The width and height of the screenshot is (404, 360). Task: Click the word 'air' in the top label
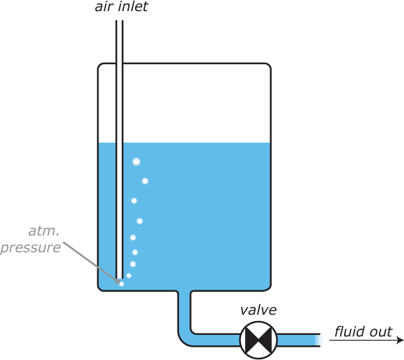pyautogui.click(x=104, y=7)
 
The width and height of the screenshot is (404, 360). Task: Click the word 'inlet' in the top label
pyautogui.click(x=134, y=6)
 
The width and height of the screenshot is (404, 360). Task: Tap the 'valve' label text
pyautogui.click(x=258, y=310)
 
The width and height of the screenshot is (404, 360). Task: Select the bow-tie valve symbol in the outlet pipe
pyautogui.click(x=258, y=340)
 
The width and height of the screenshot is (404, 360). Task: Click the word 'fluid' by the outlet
pyautogui.click(x=350, y=331)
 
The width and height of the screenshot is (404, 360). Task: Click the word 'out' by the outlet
pyautogui.click(x=381, y=332)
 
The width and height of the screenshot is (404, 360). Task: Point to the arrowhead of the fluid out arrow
pyautogui.click(x=401, y=341)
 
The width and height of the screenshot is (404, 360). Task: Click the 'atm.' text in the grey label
pyautogui.click(x=44, y=231)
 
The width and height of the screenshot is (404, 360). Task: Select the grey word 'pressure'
pyautogui.click(x=31, y=247)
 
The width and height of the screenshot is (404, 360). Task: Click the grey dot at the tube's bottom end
pyautogui.click(x=118, y=281)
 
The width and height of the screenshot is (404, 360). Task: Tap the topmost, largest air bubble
pyautogui.click(x=137, y=162)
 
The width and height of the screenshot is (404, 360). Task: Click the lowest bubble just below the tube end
pyautogui.click(x=122, y=284)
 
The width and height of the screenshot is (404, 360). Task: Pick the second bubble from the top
pyautogui.click(x=145, y=181)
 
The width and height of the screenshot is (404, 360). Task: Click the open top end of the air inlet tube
pyautogui.click(x=119, y=21)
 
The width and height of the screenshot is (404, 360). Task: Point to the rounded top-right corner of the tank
pyautogui.click(x=268, y=65)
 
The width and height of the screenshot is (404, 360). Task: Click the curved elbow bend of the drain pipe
pyautogui.click(x=183, y=341)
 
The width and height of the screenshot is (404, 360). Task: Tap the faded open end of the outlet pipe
pyautogui.click(x=318, y=341)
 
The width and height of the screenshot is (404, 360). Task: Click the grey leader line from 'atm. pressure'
pyautogui.click(x=91, y=262)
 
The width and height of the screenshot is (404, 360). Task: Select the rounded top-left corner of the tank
pyautogui.click(x=100, y=65)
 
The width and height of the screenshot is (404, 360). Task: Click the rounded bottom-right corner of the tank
pyautogui.click(x=268, y=288)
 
